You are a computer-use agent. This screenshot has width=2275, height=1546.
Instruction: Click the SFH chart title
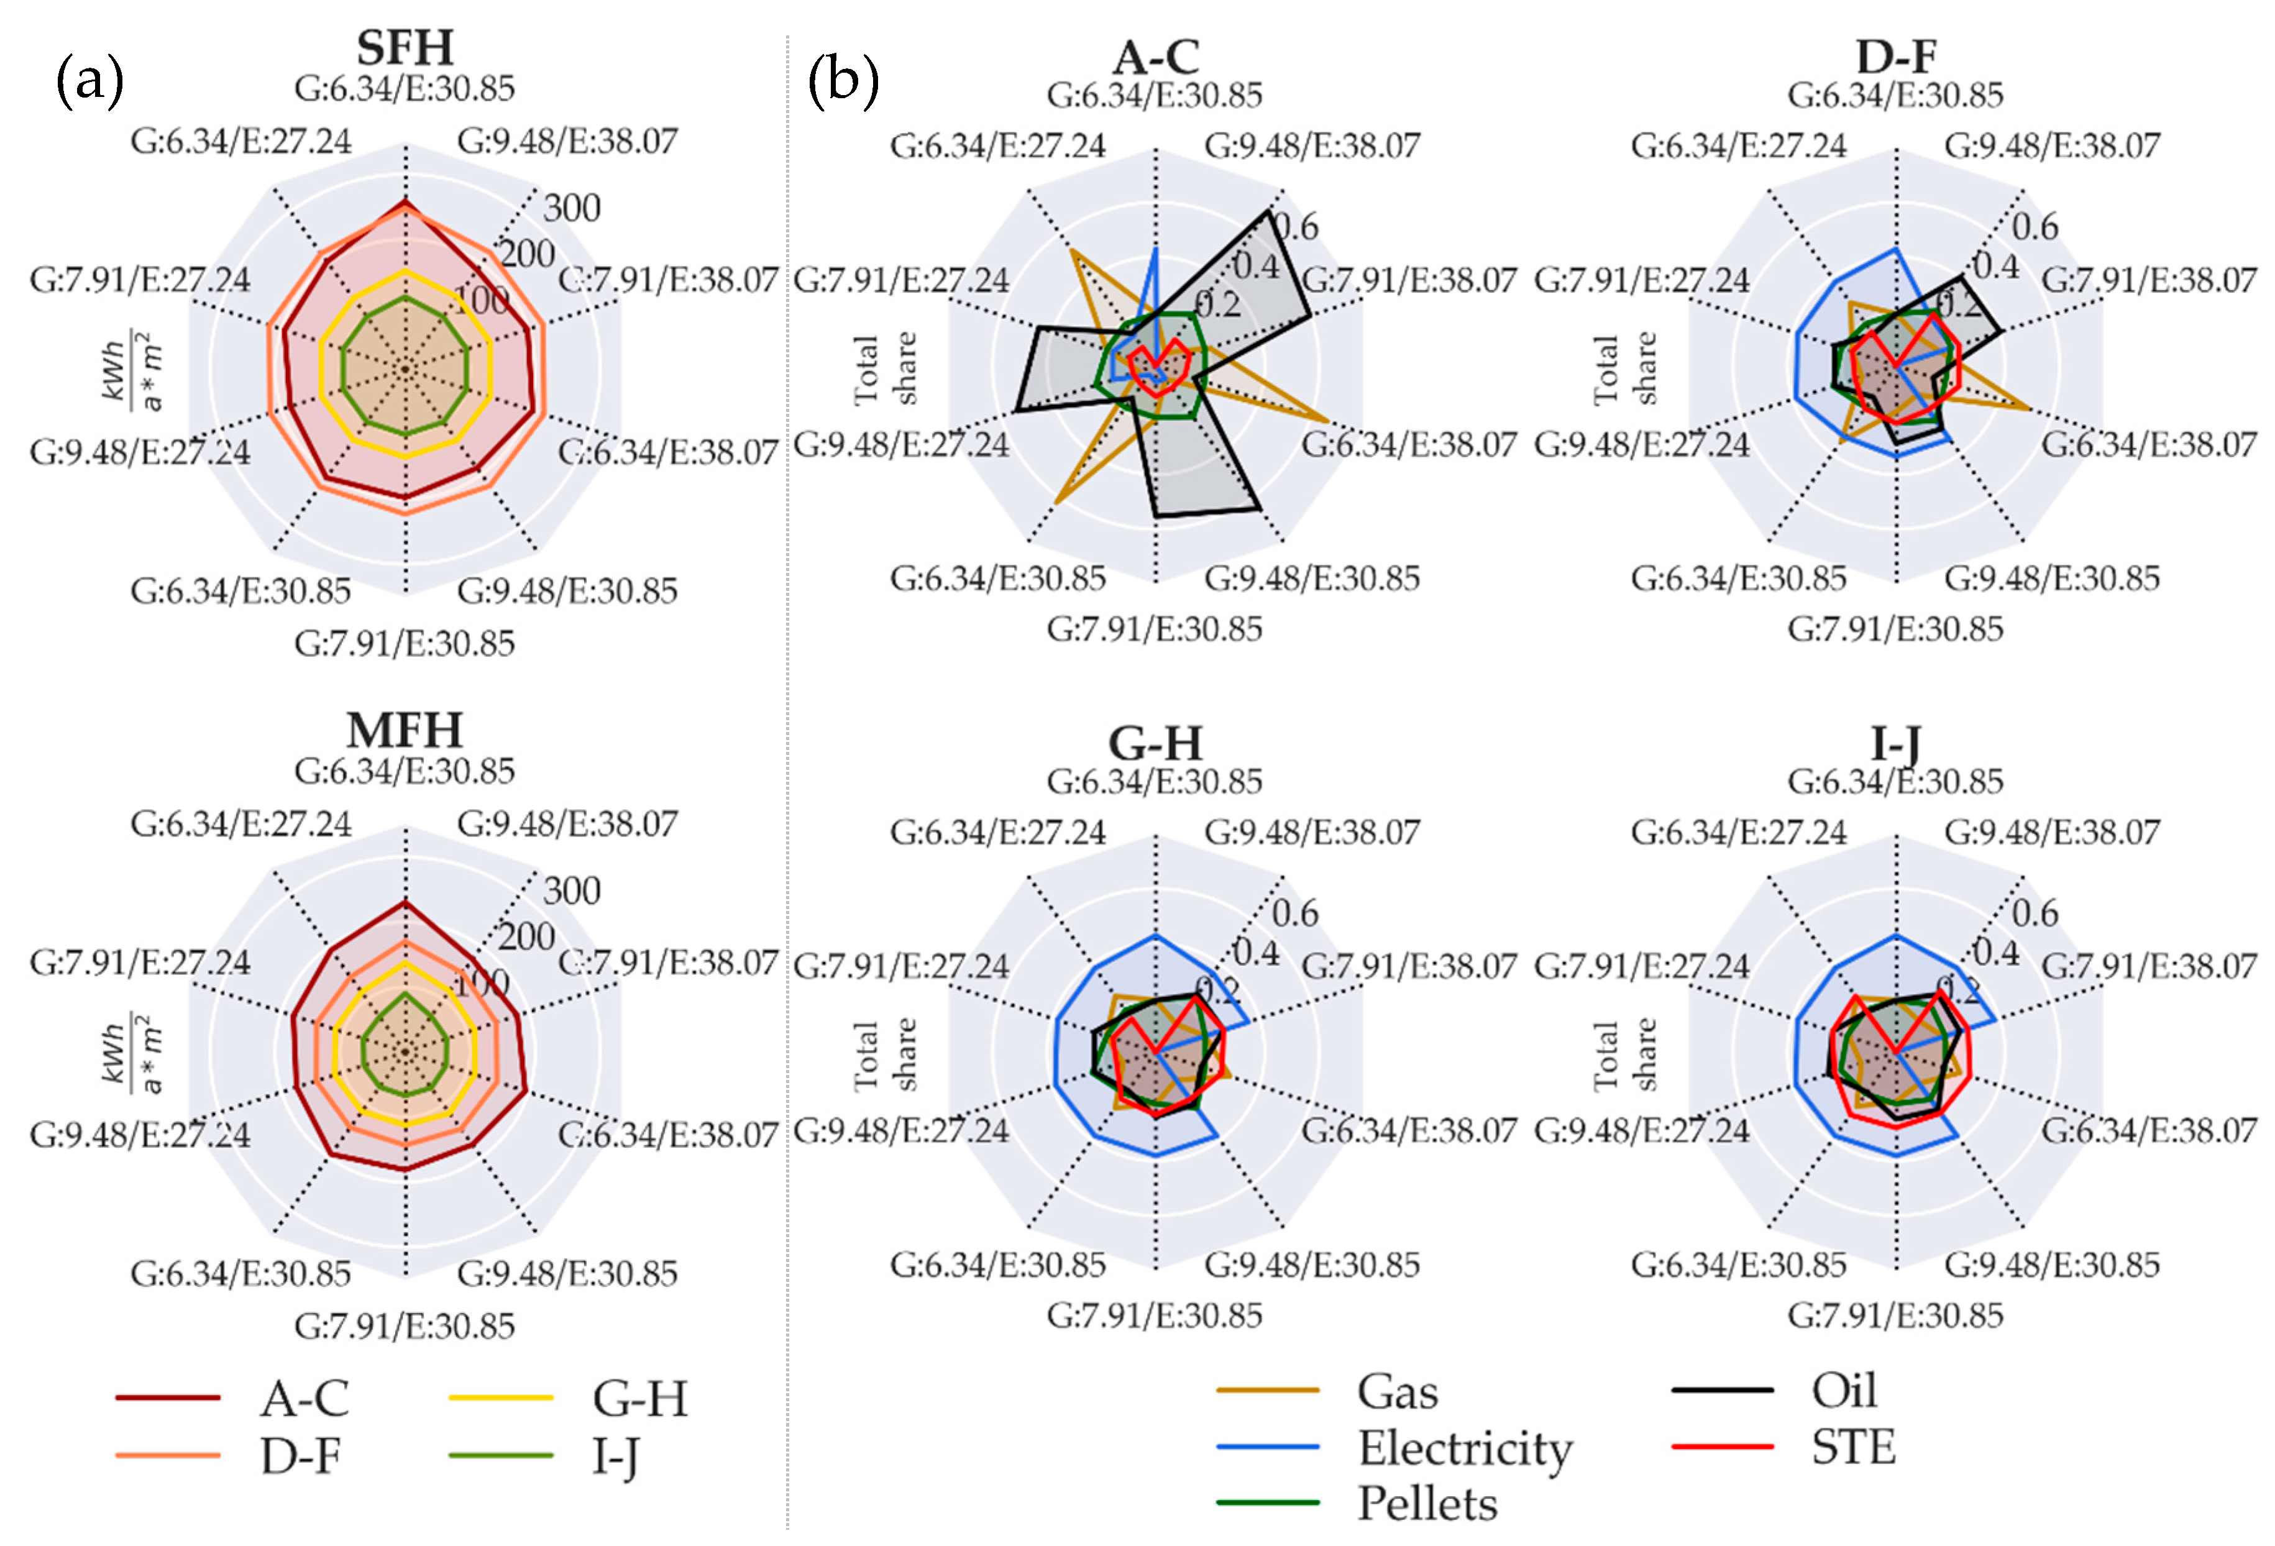tap(405, 47)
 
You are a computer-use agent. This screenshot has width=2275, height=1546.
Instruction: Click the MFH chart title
tap(405, 730)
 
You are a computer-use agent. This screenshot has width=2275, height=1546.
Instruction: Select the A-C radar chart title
tap(1155, 56)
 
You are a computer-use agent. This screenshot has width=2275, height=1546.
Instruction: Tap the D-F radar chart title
tap(1895, 56)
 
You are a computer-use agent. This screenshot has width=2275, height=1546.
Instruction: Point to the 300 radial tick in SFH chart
tap(572, 208)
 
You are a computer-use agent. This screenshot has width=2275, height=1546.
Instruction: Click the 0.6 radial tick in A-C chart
tap(1295, 227)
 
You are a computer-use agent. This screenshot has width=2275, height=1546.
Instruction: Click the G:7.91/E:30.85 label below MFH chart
tap(405, 1325)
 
